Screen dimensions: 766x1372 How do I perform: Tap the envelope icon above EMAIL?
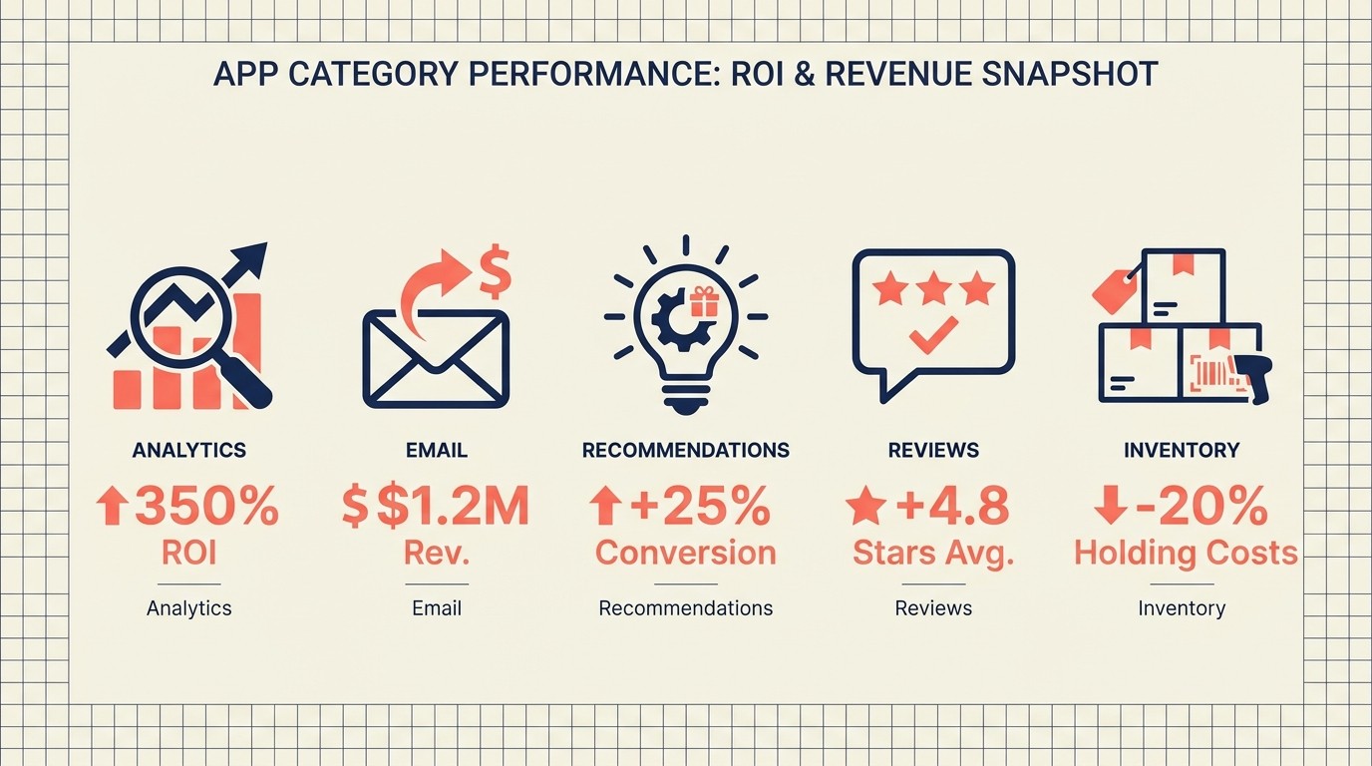tap(436, 358)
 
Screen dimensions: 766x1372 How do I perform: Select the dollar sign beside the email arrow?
tap(495, 272)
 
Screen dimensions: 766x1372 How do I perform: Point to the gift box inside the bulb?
tap(703, 301)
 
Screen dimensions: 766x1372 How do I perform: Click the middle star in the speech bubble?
tap(933, 289)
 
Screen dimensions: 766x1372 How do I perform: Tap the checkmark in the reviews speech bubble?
tap(933, 334)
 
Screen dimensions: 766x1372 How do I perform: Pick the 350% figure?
tap(206, 508)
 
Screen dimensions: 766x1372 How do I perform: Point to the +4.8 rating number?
tap(951, 508)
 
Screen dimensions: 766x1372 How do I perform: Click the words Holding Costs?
tap(1186, 553)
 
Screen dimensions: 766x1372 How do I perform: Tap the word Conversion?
tap(685, 553)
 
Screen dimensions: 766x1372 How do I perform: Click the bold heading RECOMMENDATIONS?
tap(685, 450)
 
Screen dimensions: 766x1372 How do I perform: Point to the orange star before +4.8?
tap(865, 508)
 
